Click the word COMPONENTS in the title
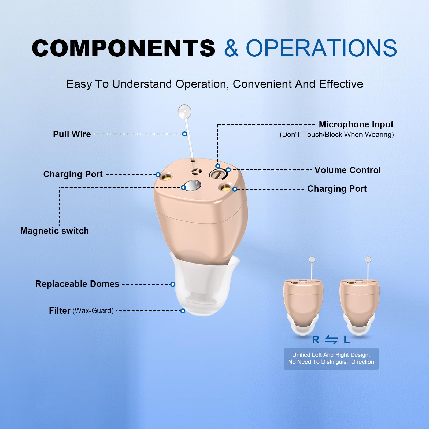click(123, 48)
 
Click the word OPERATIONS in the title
click(321, 48)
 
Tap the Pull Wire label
click(72, 134)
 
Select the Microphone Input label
click(356, 124)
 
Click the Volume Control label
click(347, 170)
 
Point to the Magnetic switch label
click(54, 231)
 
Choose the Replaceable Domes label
click(77, 284)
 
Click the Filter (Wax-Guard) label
click(81, 310)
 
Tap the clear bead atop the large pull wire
click(184, 111)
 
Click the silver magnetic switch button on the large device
click(193, 186)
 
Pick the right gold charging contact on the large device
click(226, 187)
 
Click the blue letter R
click(316, 340)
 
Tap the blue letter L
click(347, 340)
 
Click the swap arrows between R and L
click(331, 340)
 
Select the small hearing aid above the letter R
click(303, 303)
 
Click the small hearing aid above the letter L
click(359, 303)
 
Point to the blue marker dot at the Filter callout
click(183, 311)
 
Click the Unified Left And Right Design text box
click(331, 358)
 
